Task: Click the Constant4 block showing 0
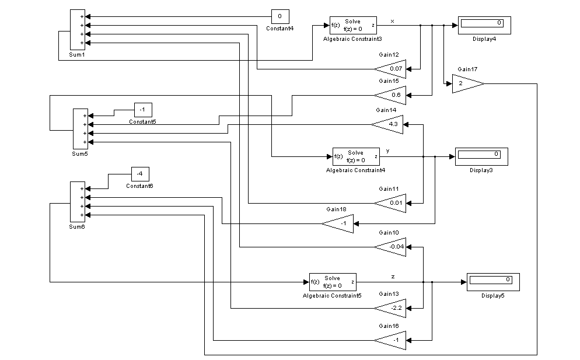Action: coord(280,16)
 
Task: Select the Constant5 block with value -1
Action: coord(143,110)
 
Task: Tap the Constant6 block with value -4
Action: coord(140,174)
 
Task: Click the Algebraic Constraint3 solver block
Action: coord(353,25)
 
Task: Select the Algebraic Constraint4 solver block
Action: coord(356,156)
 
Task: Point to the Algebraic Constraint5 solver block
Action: coord(332,282)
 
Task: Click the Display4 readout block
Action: coord(484,25)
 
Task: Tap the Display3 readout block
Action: coord(481,156)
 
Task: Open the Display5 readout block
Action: coord(492,282)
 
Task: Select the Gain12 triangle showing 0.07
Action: coord(391,68)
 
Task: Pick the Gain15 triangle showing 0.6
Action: coord(391,95)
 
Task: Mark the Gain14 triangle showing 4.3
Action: coord(389,124)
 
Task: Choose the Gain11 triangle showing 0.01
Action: coord(391,202)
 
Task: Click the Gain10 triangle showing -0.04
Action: coord(391,246)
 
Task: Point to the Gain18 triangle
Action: coord(339,223)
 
